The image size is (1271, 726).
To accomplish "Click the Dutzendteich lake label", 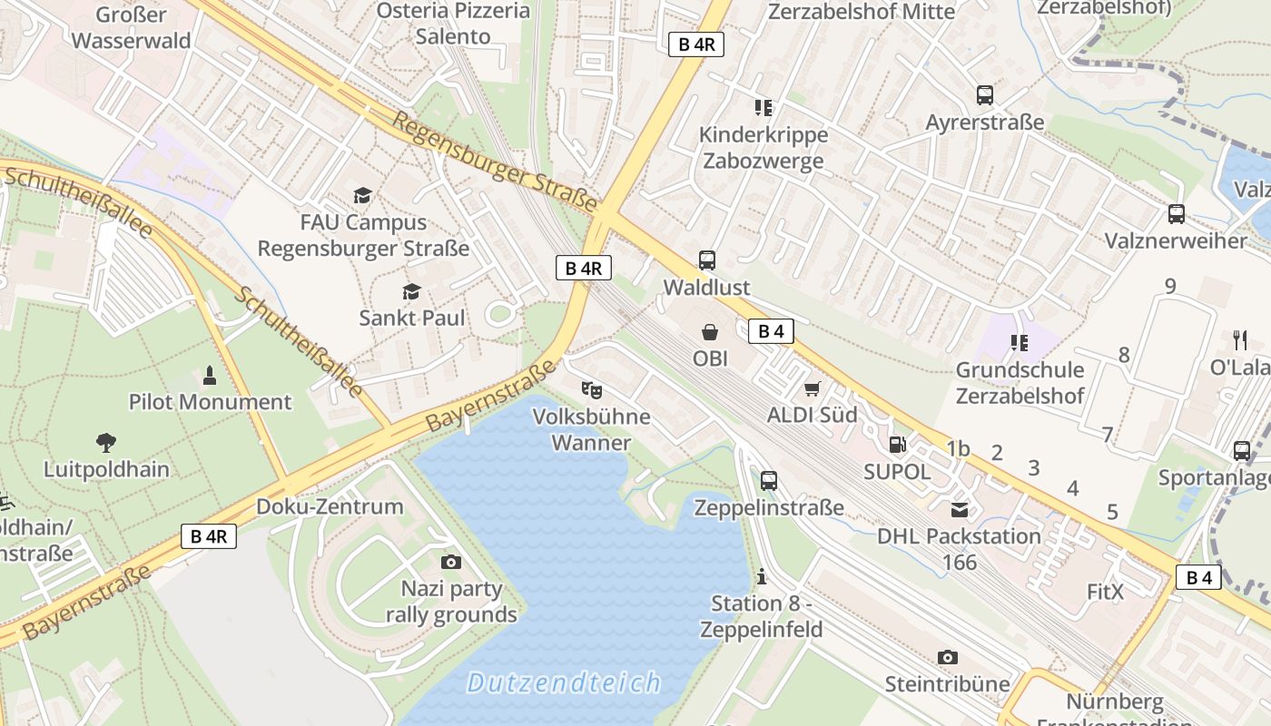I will [x=564, y=682].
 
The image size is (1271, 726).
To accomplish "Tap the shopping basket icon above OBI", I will [x=710, y=333].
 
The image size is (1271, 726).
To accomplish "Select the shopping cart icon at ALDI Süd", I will [x=813, y=388].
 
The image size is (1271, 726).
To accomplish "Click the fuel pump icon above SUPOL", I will [x=897, y=445].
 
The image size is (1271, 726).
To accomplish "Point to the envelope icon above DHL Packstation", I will [x=960, y=509].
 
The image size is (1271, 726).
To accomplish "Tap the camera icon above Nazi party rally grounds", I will [x=451, y=562].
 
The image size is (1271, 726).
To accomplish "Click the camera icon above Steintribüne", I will [x=947, y=656].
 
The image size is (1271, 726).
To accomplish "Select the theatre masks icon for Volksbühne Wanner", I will [x=592, y=390].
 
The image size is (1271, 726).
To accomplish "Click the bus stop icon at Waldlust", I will [x=707, y=260].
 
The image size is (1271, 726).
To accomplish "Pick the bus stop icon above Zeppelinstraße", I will [x=769, y=480].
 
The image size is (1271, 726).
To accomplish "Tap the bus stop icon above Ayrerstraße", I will [x=985, y=94].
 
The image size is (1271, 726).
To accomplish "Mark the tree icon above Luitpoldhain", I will [x=106, y=443].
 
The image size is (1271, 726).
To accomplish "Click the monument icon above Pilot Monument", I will [x=210, y=375].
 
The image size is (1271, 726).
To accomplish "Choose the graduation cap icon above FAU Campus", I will [x=363, y=195].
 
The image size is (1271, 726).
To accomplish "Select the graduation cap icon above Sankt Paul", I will [x=412, y=291].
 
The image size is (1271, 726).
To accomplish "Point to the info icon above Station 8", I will [x=761, y=576].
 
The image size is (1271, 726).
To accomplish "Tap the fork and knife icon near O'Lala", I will [x=1240, y=340].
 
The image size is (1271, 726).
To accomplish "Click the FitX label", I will [x=1105, y=593].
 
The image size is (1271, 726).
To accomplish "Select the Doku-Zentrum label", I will [x=330, y=506].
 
